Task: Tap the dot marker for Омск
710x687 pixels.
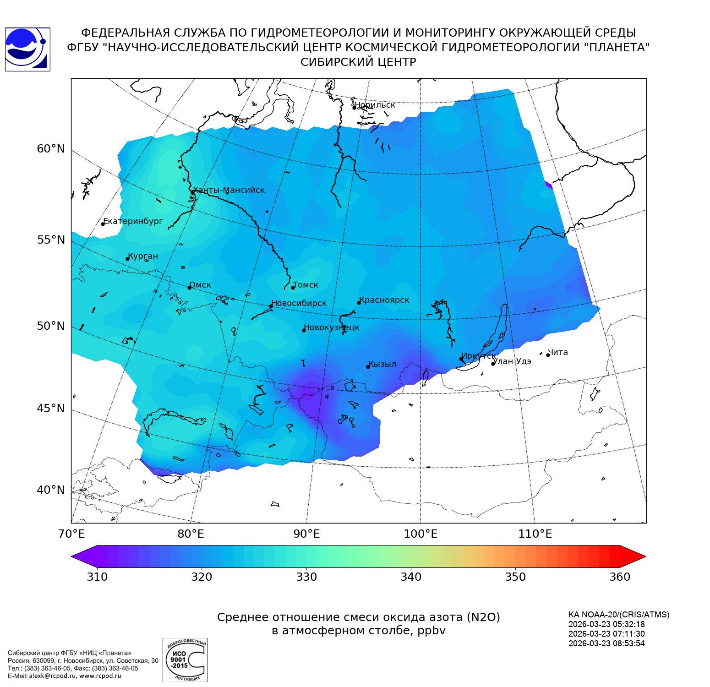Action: point(189,288)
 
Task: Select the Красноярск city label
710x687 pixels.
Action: point(385,300)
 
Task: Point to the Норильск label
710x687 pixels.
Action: point(375,105)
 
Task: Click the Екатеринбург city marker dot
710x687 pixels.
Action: point(103,224)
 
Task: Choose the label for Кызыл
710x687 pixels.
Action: point(383,364)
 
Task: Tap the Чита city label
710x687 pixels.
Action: point(558,352)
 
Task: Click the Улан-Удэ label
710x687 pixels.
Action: point(513,361)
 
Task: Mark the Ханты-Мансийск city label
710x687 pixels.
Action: point(229,190)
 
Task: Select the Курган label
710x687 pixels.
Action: point(143,256)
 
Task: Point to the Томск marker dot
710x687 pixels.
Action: point(293,288)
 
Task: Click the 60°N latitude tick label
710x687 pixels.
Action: point(51,149)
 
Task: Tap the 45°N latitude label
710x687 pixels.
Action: point(51,408)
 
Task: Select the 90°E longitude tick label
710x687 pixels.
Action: point(306,534)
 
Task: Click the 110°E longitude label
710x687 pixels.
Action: point(535,534)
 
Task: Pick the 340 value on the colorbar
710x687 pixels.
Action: point(411,577)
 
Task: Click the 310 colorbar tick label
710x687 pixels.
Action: point(97,577)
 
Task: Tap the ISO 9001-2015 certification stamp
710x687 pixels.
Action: point(185,660)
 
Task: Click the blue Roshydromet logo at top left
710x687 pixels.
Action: point(27,49)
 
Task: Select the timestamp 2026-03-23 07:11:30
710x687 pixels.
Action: point(606,634)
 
